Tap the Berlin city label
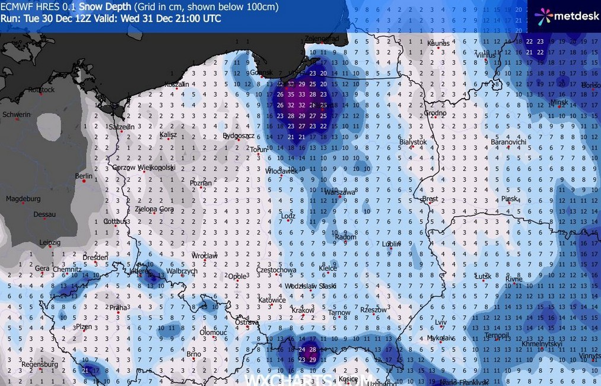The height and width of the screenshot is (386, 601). click(84, 176)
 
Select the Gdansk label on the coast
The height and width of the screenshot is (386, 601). click(261, 73)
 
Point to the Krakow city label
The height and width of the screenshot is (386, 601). click(303, 311)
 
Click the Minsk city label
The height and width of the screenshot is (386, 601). click(559, 102)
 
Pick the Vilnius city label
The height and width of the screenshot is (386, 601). click(485, 55)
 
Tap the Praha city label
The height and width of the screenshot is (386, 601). click(119, 308)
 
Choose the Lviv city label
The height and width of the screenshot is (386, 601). click(440, 322)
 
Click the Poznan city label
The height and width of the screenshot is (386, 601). click(201, 183)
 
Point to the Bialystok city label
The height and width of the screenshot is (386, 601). click(413, 142)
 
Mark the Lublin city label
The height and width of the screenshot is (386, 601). click(391, 244)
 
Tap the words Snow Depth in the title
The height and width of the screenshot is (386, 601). click(106, 7)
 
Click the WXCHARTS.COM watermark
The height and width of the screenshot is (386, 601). click(309, 379)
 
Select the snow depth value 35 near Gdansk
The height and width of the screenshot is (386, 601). click(291, 94)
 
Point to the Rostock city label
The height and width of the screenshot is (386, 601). click(41, 90)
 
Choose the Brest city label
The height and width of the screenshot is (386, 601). click(430, 199)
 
